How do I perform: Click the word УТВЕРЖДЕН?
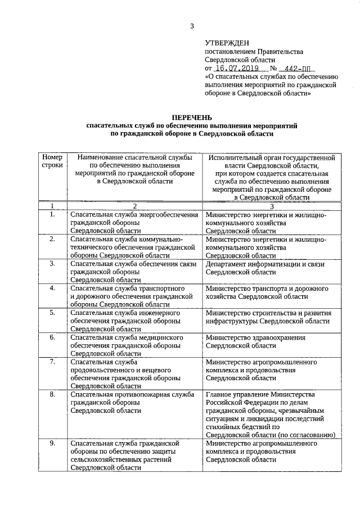click(226, 42)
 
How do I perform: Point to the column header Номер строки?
click(52, 162)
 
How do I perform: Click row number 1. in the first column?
click(52, 215)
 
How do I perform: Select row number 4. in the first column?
click(52, 288)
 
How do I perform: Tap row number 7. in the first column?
click(52, 362)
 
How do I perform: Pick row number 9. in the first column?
click(52, 443)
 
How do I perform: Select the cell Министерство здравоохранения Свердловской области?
click(256, 341)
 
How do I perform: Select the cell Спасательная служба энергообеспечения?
click(134, 223)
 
